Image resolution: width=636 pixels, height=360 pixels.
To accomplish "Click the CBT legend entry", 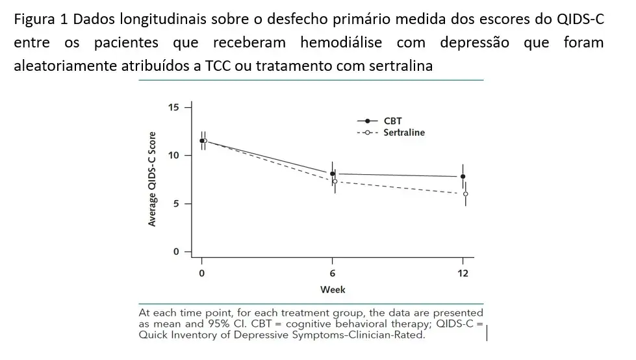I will pos(392,122).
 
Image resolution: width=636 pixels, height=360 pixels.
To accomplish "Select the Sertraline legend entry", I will pos(403,133).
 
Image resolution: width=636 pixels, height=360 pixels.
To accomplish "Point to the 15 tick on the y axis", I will pos(173,107).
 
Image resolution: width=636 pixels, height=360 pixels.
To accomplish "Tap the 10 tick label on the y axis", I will pos(173,155).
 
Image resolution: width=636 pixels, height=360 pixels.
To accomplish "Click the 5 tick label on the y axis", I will pos(176,203).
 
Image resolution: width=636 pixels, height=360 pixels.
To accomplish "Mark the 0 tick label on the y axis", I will pos(176,251).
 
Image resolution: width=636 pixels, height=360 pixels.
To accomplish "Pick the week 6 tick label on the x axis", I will pos(333,273).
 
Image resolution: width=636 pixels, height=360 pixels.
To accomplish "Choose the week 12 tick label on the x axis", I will pos(463,273).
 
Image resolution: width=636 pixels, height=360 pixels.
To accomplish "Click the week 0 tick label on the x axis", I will pos(202,273).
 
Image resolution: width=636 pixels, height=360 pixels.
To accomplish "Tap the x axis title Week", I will pos(333,289).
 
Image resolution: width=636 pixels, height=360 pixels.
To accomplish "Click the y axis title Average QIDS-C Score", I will pos(153,179).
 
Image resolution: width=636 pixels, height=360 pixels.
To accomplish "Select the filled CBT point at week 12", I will pos(463,176).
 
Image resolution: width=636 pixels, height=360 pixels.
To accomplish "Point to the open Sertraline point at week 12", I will pos(465,194).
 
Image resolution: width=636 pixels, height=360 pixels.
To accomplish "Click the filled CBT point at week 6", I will pos(333,174).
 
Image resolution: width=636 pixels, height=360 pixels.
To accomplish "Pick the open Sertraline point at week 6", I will pos(335,181).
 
